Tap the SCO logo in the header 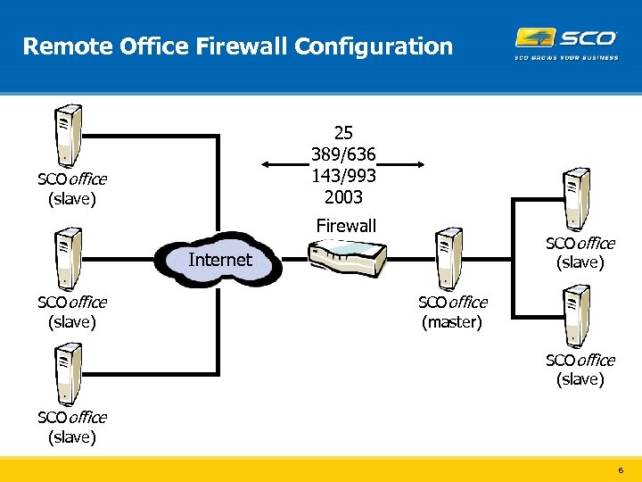pos(566,37)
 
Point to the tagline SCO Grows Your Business pos(566,58)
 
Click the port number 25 pos(344,135)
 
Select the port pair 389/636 pos(344,155)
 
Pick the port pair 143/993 pos(344,176)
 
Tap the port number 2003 pos(344,196)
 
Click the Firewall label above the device pos(346,226)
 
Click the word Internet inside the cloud pos(220,260)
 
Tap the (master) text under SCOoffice pos(452,322)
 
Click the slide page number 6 pos(621,470)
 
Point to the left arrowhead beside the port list pos(265,165)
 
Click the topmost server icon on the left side pos(68,134)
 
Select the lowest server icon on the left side pos(68,373)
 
